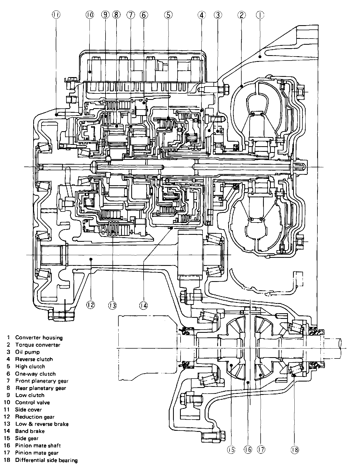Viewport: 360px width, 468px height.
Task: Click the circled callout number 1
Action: pos(260,15)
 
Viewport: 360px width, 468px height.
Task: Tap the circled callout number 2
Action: pos(241,15)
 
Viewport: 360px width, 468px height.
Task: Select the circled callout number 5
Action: pos(168,15)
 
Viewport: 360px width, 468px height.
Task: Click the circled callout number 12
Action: pos(90,305)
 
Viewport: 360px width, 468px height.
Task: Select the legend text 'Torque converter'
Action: pos(37,345)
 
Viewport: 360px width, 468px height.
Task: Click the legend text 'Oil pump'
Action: pos(27,352)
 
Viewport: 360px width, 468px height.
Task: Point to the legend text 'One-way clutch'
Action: pos(35,374)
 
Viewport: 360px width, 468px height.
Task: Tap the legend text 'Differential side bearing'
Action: pos(46,461)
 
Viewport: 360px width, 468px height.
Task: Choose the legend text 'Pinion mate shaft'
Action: pos(38,446)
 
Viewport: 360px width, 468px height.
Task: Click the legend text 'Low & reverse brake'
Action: pos(42,424)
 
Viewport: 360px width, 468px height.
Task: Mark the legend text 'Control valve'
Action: pos(32,402)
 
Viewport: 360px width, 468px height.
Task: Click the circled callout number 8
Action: pos(116,15)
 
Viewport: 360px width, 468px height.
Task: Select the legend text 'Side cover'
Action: pos(28,410)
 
